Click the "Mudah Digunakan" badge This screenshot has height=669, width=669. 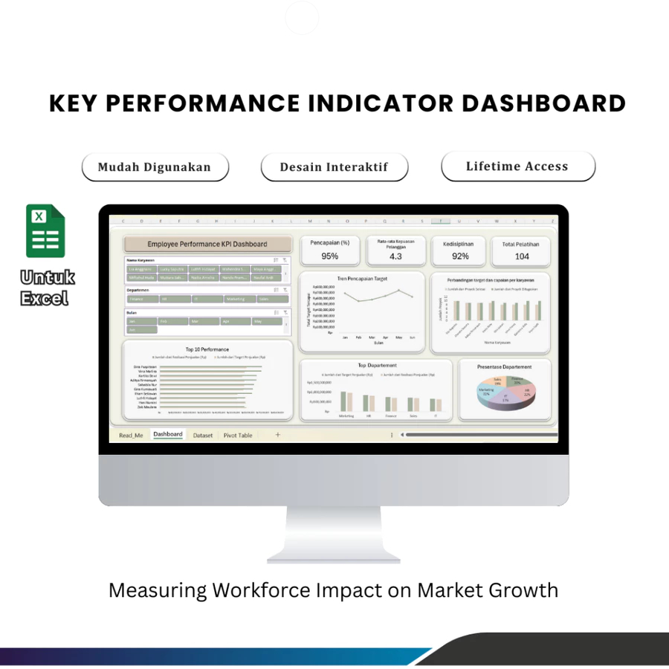tap(155, 167)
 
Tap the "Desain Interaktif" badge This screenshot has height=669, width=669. tap(334, 167)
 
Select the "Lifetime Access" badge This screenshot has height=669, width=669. tap(517, 166)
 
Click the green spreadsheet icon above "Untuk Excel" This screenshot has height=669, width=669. tap(46, 231)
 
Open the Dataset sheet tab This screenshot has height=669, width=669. tap(202, 435)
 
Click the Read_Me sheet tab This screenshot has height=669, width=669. tap(131, 435)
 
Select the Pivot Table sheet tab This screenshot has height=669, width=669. tap(238, 435)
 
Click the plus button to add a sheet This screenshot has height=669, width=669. tap(278, 435)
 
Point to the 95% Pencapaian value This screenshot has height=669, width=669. tap(330, 256)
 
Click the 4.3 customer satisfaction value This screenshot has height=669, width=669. tap(395, 256)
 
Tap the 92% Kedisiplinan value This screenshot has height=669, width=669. tap(460, 256)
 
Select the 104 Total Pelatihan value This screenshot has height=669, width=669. tap(521, 256)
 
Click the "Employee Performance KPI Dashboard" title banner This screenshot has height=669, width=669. tap(207, 244)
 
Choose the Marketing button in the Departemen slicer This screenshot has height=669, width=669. tap(236, 299)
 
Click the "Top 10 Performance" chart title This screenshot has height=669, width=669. tap(207, 349)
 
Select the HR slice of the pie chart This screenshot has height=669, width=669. tap(524, 391)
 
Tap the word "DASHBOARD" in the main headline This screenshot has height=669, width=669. tap(543, 103)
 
